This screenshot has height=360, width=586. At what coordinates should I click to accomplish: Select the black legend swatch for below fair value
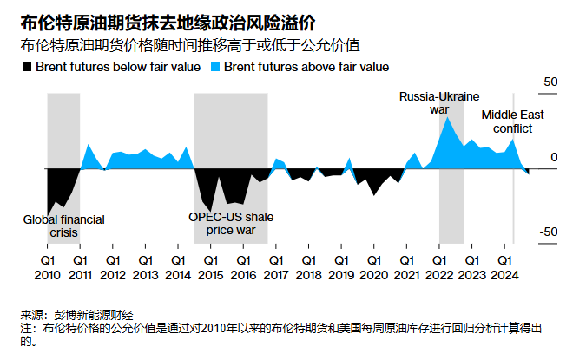25,67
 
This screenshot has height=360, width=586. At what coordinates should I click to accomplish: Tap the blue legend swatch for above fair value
214,67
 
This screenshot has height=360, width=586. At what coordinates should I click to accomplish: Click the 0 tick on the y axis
554,157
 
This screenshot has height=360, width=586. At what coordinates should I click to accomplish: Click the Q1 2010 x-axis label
47,267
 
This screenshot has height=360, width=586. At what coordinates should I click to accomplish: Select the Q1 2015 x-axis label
210,267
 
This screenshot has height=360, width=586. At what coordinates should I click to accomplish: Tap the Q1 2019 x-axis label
340,267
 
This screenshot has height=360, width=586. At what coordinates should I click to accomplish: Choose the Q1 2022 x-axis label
438,267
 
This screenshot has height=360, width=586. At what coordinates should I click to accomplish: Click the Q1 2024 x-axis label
504,267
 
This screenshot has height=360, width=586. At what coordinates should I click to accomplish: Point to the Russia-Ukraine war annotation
439,102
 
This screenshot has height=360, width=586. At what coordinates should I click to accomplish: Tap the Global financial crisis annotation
63,226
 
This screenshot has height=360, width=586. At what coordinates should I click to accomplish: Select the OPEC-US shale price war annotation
231,224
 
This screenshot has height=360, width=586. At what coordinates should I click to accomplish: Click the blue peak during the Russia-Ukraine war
447,117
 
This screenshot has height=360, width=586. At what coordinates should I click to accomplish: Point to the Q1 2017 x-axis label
275,267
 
